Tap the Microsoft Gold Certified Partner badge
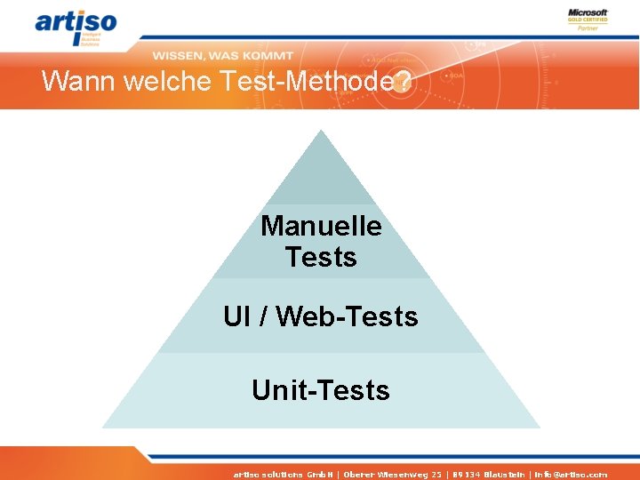[588, 20]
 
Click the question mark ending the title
[403, 82]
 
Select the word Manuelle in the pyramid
[321, 226]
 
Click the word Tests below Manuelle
[321, 258]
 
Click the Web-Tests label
[347, 316]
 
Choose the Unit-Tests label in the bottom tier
[321, 390]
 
